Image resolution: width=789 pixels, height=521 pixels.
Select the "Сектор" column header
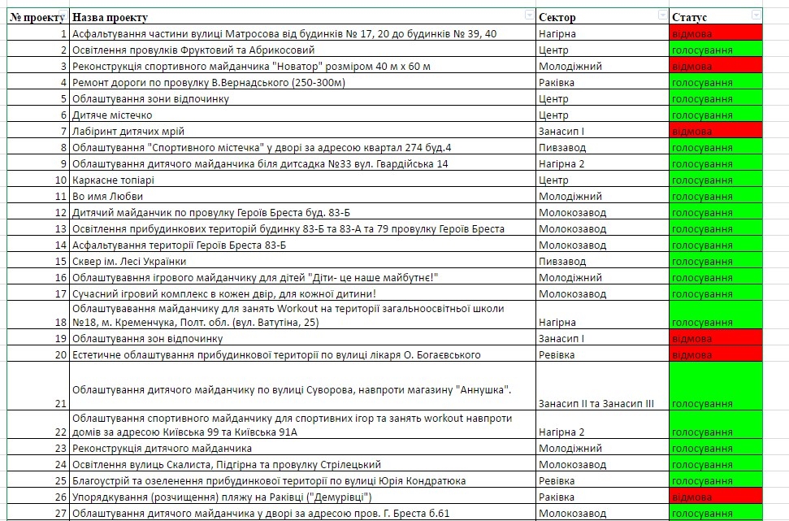pyautogui.click(x=557, y=17)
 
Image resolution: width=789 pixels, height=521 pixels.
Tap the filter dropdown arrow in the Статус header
pyautogui.click(x=757, y=15)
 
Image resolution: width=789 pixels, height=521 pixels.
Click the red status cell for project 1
pyautogui.click(x=715, y=34)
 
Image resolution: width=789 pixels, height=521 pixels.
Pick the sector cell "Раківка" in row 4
pyautogui.click(x=557, y=83)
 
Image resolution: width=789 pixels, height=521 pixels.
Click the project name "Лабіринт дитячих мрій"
pyautogui.click(x=128, y=132)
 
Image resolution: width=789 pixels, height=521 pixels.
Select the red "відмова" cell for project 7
pyautogui.click(x=715, y=132)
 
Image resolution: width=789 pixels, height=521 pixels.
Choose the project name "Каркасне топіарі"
pyautogui.click(x=114, y=180)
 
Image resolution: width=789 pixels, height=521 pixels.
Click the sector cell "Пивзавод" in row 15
pyautogui.click(x=561, y=262)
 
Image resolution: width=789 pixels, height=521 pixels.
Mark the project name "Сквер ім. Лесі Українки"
pyautogui.click(x=129, y=262)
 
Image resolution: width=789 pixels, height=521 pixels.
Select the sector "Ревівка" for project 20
pyautogui.click(x=557, y=354)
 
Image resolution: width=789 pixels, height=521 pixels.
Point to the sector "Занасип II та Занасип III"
pyautogui.click(x=596, y=403)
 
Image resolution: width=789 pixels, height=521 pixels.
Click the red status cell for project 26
pyautogui.click(x=715, y=497)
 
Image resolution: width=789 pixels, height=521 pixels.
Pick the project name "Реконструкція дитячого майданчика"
pyautogui.click(x=162, y=448)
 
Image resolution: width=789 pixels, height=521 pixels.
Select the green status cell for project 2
pyautogui.click(x=715, y=50)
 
